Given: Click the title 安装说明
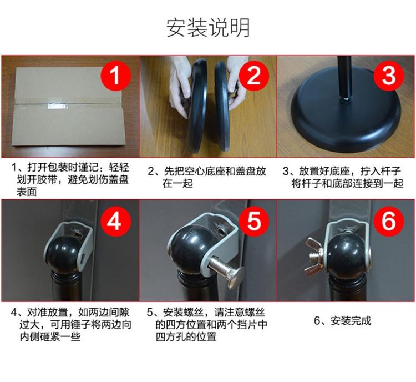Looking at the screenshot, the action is (x=208, y=28).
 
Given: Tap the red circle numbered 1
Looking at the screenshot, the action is (x=115, y=76).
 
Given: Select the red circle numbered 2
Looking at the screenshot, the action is (x=254, y=76).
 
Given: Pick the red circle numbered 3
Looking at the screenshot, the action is (x=389, y=76).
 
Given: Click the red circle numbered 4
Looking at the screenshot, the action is (x=115, y=221).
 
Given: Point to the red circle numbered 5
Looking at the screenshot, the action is (x=254, y=221).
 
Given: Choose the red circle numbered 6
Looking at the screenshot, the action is (x=389, y=221).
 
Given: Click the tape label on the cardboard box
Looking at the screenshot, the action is (x=57, y=106).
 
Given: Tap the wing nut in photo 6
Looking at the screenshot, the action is (x=315, y=257).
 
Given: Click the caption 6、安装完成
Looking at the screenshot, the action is (x=343, y=321).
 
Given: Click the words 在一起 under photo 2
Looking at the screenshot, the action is (x=177, y=183).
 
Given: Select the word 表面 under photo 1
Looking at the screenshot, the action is (x=27, y=192).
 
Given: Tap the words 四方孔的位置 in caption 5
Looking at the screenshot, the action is (x=186, y=337).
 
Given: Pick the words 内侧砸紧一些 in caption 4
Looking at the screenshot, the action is (x=50, y=337).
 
